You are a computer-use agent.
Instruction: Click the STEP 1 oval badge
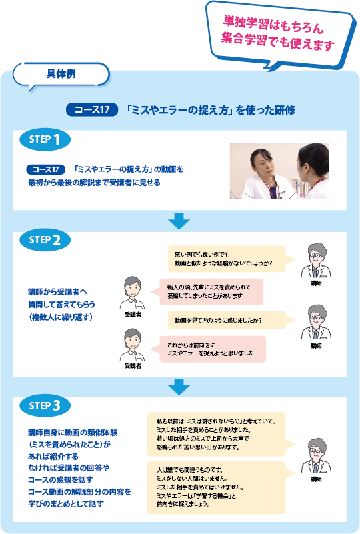[x=45, y=139]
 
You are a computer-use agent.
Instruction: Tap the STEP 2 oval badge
[x=45, y=240]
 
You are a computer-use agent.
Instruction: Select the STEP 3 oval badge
[x=45, y=405]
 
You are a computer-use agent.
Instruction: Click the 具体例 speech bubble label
[x=61, y=74]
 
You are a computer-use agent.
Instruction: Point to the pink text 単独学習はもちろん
[x=273, y=25]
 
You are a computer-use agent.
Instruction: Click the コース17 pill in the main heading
[x=92, y=109]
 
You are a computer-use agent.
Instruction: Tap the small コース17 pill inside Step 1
[x=45, y=169]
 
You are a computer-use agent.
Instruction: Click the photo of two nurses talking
[x=279, y=171]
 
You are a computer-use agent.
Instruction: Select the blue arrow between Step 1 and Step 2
[x=179, y=221]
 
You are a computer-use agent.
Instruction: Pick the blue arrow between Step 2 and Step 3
[x=179, y=387]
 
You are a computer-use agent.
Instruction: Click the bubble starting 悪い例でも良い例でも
[x=231, y=259]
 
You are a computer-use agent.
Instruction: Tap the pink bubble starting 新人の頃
[x=207, y=291]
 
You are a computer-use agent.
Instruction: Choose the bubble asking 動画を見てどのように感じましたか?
[x=231, y=321]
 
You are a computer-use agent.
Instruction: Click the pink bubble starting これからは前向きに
[x=208, y=349]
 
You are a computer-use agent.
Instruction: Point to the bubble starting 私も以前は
[x=221, y=434]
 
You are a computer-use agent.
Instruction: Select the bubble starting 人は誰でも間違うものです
[x=221, y=487]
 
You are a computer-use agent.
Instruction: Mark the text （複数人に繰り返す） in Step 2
[x=61, y=317]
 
